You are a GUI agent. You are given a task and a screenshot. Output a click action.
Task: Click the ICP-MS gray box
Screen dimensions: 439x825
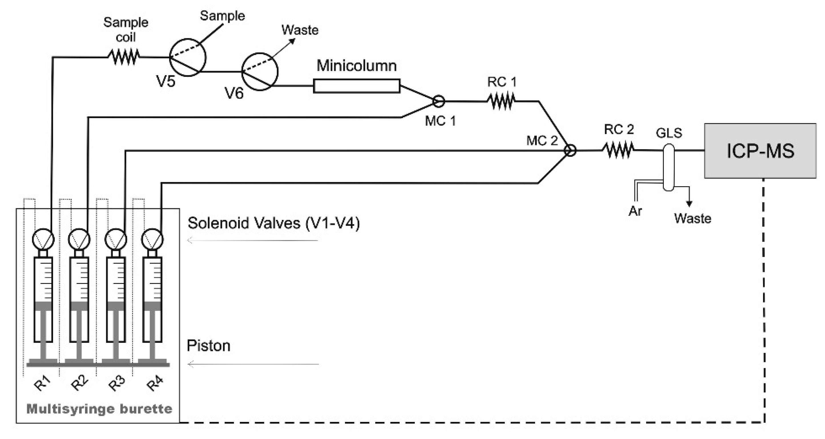pos(760,151)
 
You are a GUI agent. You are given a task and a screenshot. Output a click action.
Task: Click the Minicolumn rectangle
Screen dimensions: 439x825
pos(356,86)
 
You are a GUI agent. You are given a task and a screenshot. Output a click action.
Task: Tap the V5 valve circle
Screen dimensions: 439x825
pos(187,58)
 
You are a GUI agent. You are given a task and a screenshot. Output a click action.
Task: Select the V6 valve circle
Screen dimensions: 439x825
pos(260,72)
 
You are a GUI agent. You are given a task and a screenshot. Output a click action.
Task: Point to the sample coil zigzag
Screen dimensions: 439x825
pos(124,57)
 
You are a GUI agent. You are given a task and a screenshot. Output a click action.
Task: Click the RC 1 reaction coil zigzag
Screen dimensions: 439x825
pos(501,101)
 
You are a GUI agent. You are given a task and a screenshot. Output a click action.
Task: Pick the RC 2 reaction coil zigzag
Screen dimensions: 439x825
pos(618,150)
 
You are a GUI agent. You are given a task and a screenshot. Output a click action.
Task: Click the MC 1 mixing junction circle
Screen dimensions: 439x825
pos(438,101)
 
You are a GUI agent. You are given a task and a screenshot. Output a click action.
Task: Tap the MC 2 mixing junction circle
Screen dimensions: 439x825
pos(570,150)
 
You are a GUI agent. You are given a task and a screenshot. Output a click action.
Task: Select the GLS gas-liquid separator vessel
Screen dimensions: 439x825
pos(668,167)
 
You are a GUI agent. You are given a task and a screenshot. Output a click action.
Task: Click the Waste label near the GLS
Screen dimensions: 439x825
pos(692,219)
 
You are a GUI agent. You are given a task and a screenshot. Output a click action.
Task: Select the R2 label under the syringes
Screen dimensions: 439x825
pos(79,382)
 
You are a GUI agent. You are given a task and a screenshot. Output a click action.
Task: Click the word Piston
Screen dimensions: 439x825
pos(209,346)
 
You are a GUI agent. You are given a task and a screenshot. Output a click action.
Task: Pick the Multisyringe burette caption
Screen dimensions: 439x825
pos(99,409)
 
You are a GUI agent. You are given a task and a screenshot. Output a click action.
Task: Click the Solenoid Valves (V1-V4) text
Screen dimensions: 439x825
pos(273,223)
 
